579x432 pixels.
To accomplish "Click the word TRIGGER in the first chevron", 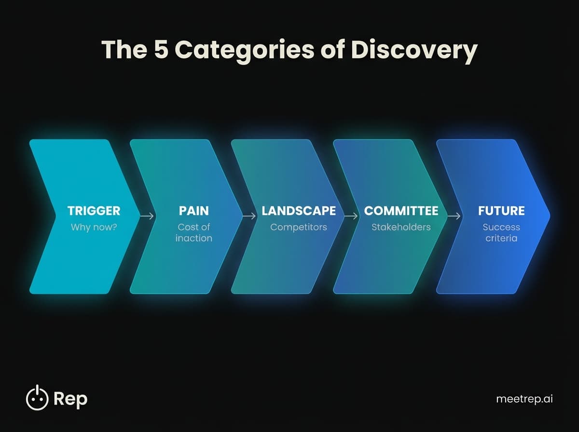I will point(94,211).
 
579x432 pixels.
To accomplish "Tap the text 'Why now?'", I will point(94,227).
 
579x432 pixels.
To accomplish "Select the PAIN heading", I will point(194,211).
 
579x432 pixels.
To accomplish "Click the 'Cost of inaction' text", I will point(194,232).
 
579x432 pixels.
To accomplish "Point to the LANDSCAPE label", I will point(299,211).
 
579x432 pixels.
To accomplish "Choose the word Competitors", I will point(299,227).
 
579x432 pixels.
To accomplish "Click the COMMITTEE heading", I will point(401,211).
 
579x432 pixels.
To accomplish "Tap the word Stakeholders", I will point(401,227).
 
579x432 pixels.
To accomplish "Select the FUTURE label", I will point(501,211).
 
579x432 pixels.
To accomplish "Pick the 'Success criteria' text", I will point(501,232).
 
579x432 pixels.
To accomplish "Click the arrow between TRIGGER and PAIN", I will point(147,216).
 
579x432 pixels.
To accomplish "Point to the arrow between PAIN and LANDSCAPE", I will point(249,216).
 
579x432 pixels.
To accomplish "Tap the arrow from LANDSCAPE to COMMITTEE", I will point(351,216).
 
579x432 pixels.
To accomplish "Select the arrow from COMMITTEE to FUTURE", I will point(454,216).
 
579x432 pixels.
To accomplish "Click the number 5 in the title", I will point(162,50).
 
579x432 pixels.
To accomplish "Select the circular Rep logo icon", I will point(37,398).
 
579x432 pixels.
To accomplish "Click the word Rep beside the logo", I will point(70,399).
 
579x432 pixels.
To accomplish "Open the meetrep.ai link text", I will point(524,399).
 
